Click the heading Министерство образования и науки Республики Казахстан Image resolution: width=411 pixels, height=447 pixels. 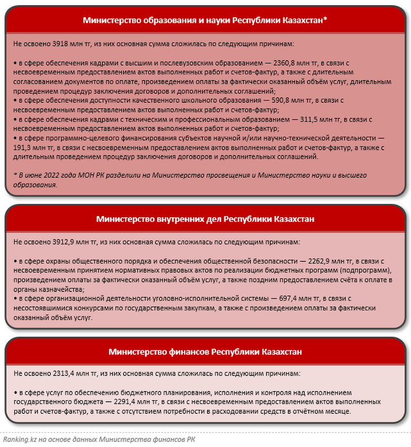[x=205, y=20]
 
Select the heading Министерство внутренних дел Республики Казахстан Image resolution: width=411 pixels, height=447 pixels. [x=205, y=219]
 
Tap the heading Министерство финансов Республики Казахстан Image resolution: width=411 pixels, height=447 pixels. [x=205, y=351]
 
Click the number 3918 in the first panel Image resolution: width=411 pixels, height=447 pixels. [x=60, y=43]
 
